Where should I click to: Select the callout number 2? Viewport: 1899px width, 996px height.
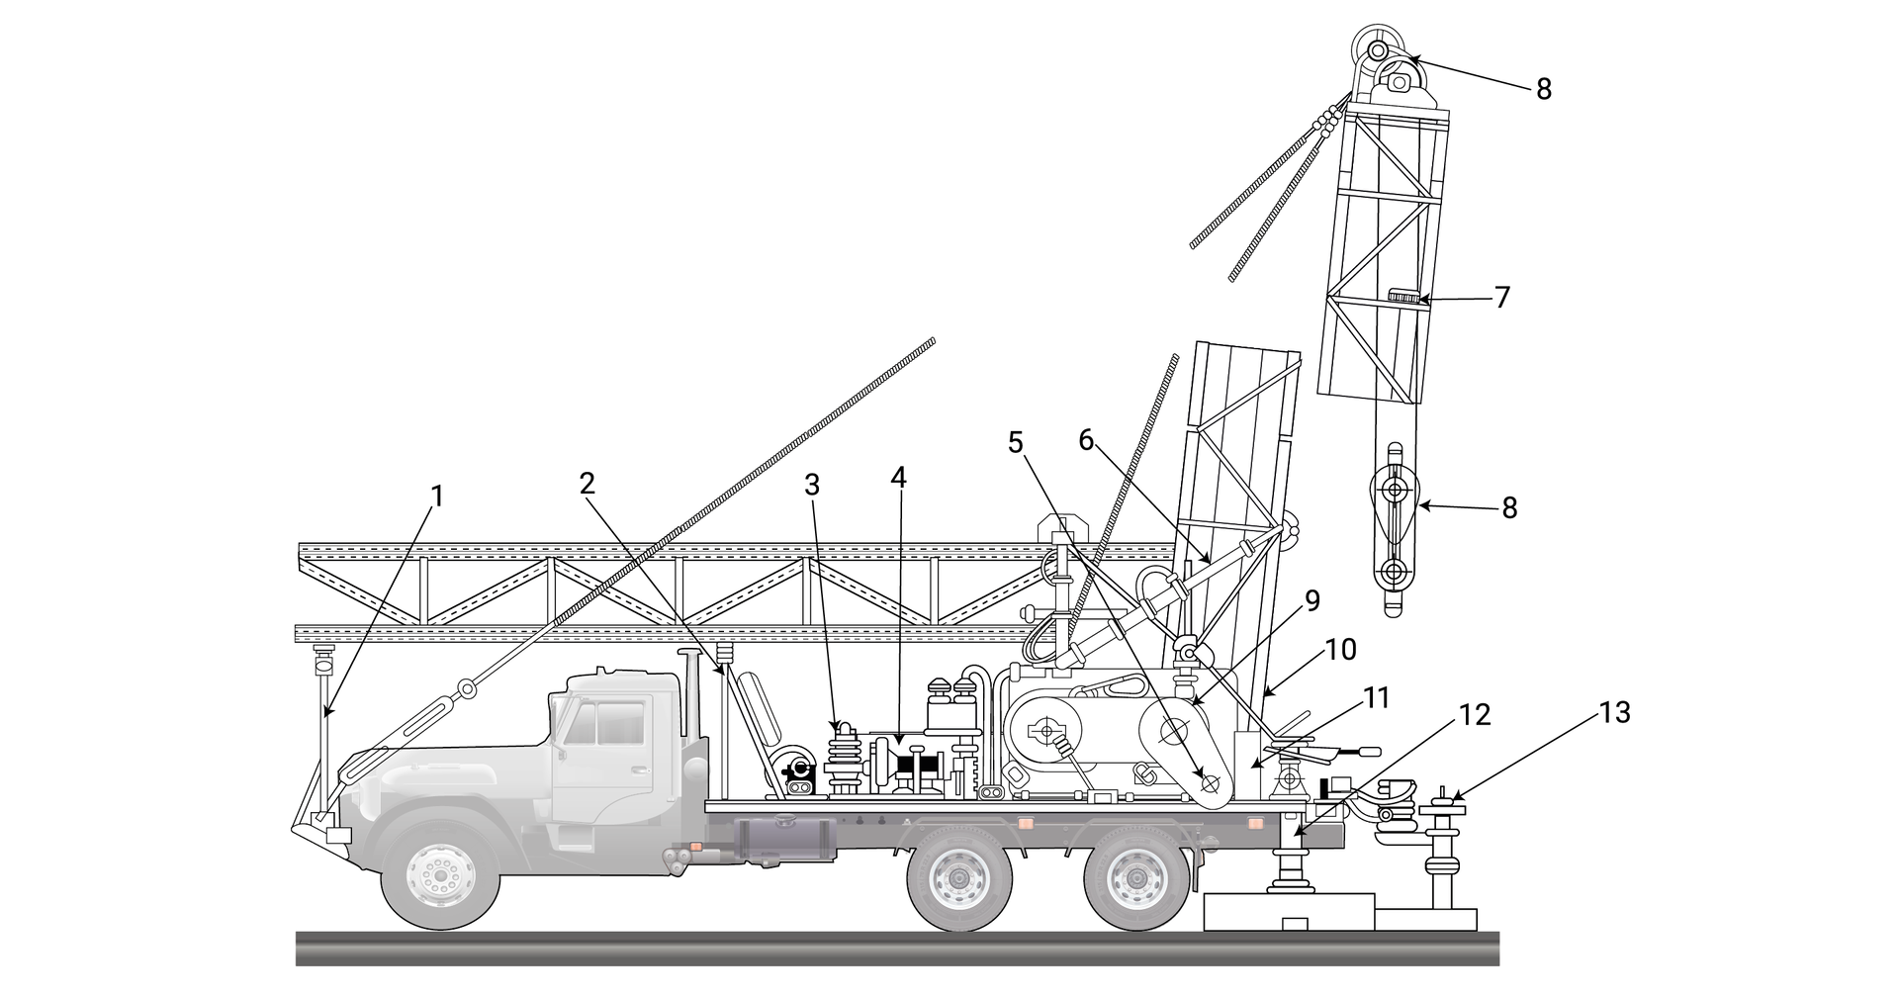588,484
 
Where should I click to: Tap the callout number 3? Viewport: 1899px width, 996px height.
812,485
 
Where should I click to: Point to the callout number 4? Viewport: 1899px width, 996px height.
897,477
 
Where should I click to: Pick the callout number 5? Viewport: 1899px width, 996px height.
1016,442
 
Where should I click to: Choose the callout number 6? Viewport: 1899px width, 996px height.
1086,440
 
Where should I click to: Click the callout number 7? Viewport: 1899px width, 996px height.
1502,297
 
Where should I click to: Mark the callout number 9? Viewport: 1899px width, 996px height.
1311,601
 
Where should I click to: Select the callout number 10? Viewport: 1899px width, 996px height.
1341,650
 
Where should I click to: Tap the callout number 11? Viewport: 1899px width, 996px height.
1376,699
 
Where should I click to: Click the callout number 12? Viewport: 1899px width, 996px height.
1474,715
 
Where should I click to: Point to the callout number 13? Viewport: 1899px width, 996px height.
1614,713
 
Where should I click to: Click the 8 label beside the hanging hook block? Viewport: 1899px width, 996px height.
1508,508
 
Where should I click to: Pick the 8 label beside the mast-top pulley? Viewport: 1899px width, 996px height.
1543,90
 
